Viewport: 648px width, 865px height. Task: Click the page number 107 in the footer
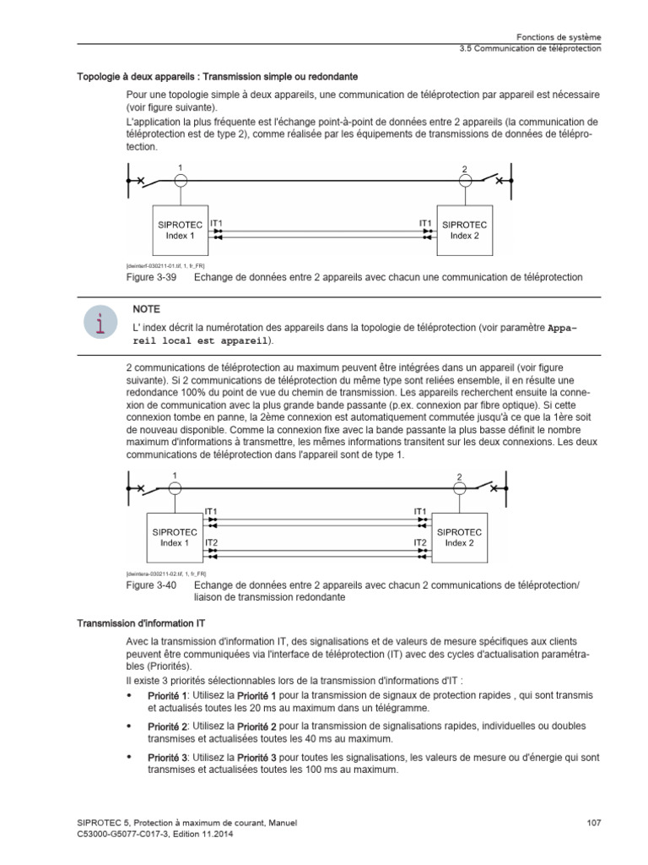click(x=593, y=823)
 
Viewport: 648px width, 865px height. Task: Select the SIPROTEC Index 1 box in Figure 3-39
click(x=180, y=230)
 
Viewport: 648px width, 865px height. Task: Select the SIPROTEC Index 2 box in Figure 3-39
click(x=464, y=230)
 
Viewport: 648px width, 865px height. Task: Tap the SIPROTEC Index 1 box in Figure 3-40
click(x=175, y=538)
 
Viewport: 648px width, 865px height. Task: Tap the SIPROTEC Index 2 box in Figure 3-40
click(x=459, y=538)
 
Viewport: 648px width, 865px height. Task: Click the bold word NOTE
click(x=146, y=309)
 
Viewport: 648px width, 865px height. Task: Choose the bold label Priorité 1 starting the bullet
click(x=167, y=695)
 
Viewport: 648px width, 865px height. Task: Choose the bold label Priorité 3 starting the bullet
click(x=167, y=759)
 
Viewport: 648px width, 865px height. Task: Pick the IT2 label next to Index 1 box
click(x=211, y=542)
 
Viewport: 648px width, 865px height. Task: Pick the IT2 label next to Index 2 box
click(x=420, y=542)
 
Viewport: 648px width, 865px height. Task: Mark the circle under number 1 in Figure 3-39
click(x=180, y=180)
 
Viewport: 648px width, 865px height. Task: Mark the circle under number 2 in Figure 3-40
click(x=459, y=487)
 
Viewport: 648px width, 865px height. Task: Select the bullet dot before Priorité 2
click(x=129, y=726)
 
